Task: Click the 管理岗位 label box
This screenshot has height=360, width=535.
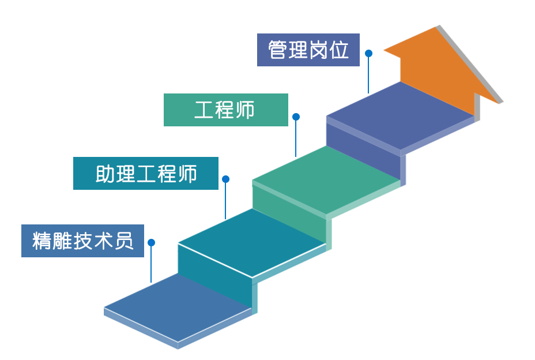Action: (308, 50)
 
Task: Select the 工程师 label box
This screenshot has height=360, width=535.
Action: (225, 110)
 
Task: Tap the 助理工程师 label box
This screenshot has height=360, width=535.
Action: (145, 173)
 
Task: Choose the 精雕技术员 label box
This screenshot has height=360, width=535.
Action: (82, 241)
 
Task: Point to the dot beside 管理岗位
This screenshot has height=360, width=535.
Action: (368, 53)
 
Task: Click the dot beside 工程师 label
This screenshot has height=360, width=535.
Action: (296, 117)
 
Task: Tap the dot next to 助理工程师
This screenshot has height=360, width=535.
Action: (225, 179)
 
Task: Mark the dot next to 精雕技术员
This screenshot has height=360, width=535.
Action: (151, 242)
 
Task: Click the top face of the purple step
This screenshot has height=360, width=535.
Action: (401, 115)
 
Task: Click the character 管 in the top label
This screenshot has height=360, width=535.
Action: (278, 50)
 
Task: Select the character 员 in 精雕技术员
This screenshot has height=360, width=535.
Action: (124, 241)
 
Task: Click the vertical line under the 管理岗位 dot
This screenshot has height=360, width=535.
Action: (368, 75)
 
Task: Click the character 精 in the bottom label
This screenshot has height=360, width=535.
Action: (42, 241)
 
